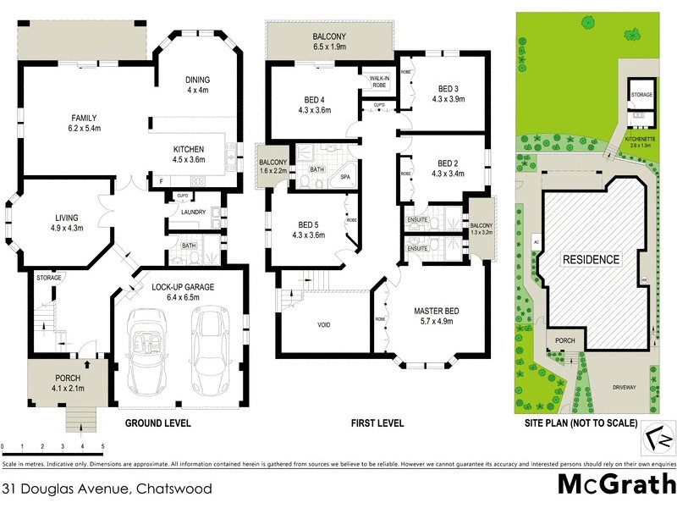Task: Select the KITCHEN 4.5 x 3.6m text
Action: point(189,155)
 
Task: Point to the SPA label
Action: point(345,177)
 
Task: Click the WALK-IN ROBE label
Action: point(377,80)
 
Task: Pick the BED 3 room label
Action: point(449,94)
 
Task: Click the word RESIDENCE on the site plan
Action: point(592,259)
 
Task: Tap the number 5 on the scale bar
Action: point(102,445)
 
